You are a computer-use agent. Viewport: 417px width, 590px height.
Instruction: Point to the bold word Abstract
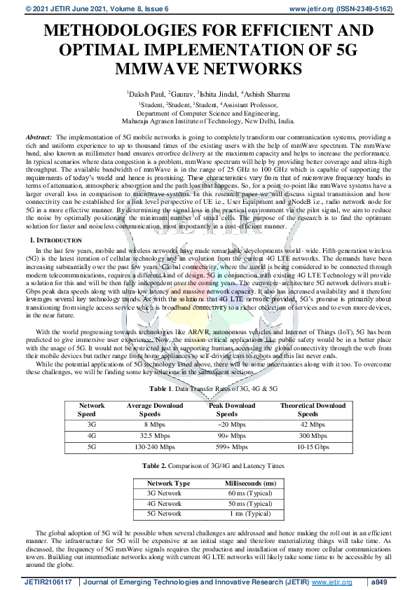pyautogui.click(x=39, y=137)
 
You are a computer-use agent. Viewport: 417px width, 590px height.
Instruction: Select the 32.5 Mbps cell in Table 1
pyautogui.click(x=154, y=435)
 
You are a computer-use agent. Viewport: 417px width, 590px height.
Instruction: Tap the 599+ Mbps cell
pyautogui.click(x=231, y=446)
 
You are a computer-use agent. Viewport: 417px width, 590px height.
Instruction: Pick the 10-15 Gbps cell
pyautogui.click(x=313, y=446)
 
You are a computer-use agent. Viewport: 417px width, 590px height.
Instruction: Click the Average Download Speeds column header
pyautogui.click(x=154, y=410)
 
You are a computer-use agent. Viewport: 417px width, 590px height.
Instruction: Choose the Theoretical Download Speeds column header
pyautogui.click(x=313, y=410)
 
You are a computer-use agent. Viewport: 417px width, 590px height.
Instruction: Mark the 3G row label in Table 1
pyautogui.click(x=91, y=425)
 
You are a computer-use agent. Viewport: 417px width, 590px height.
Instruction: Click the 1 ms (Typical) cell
pyautogui.click(x=250, y=514)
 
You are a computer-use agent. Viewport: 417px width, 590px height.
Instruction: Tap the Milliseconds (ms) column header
pyautogui.click(x=250, y=483)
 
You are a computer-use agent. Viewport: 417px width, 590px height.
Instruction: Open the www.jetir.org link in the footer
pyautogui.click(x=331, y=582)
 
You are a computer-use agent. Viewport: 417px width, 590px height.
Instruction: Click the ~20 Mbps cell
pyautogui.click(x=231, y=425)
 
